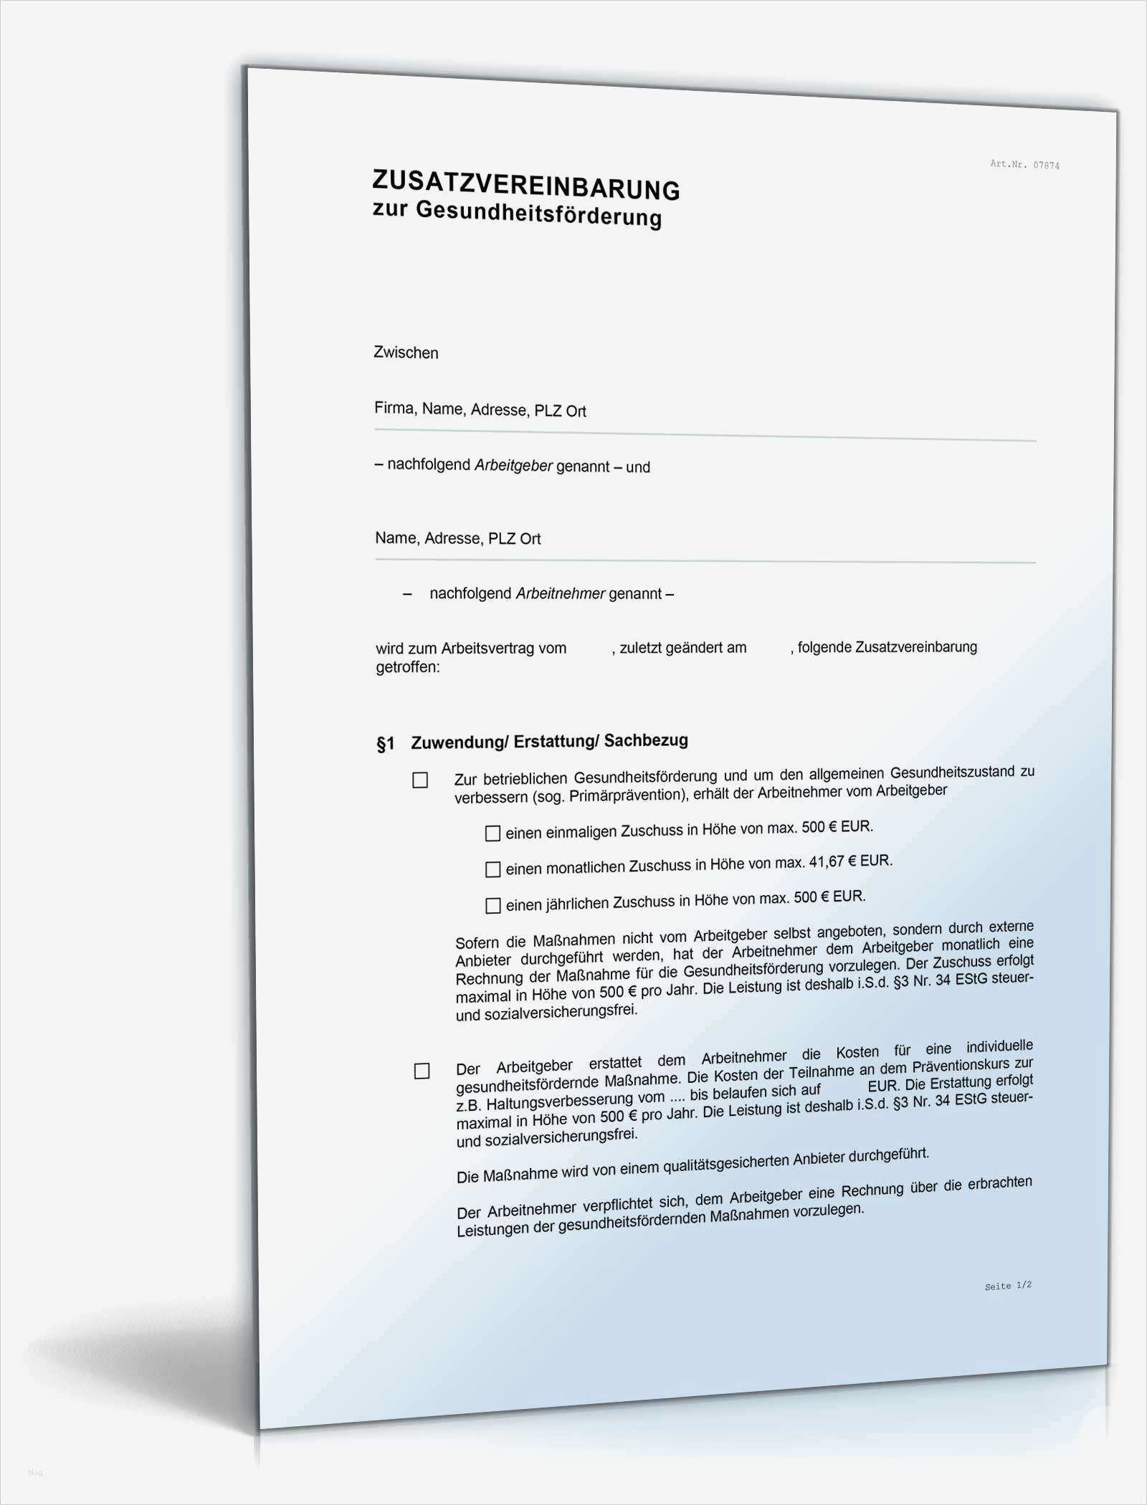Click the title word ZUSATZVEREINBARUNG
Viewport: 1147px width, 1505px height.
pos(525,185)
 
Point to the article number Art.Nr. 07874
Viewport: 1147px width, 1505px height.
pos(1024,164)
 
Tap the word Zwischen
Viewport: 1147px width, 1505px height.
pos(406,353)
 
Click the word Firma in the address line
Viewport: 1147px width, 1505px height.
pos(394,408)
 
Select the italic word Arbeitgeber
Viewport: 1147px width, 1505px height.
pos(513,466)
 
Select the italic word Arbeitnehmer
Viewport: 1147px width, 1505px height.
pos(561,593)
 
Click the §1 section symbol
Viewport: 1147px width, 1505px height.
pos(386,744)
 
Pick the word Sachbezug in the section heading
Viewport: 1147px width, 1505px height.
pos(646,740)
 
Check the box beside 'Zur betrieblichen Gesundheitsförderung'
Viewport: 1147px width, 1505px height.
pos(420,780)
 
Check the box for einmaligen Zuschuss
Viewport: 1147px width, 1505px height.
pos(492,833)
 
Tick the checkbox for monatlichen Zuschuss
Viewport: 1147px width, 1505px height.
pos(492,869)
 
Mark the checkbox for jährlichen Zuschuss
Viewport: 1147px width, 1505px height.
pos(493,906)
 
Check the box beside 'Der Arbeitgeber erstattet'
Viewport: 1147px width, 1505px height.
pos(422,1071)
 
